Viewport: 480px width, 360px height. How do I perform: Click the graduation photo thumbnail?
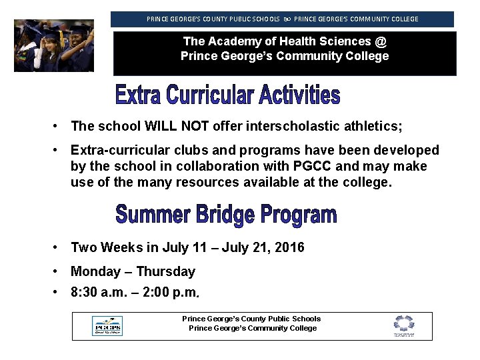click(x=54, y=45)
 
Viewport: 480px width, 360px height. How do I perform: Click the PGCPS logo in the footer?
click(x=107, y=326)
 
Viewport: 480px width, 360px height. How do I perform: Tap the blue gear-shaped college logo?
click(x=403, y=325)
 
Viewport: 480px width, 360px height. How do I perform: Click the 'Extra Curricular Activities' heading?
click(x=227, y=95)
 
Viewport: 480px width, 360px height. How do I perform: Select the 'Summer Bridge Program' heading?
click(x=226, y=215)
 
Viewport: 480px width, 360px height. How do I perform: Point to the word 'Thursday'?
click(x=167, y=271)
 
